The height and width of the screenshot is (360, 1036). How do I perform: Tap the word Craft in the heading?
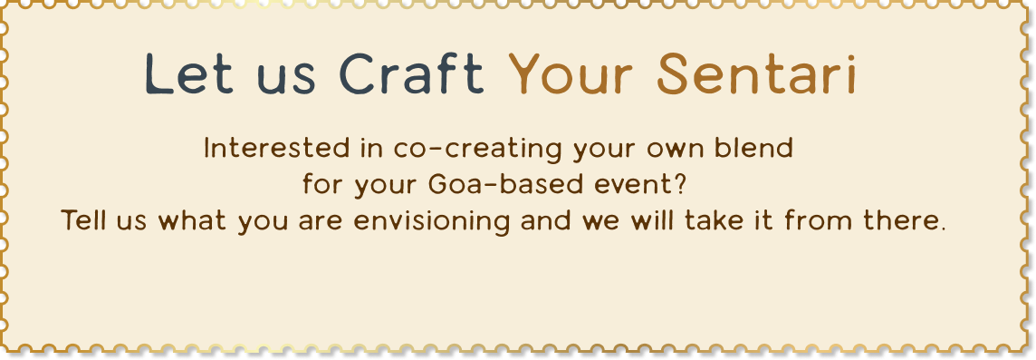(412, 73)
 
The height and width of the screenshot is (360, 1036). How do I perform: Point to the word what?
(193, 219)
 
